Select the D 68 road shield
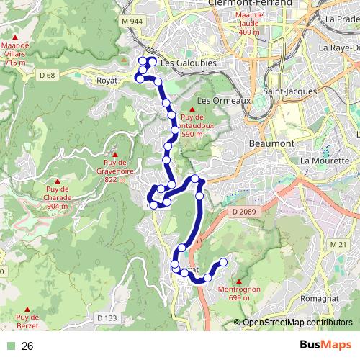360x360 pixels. pos(48,75)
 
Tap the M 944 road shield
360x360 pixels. pos(133,23)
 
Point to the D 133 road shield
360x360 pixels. pos(106,318)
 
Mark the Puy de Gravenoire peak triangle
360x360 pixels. pos(114,153)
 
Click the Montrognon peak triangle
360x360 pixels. pos(238,281)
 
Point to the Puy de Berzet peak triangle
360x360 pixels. pos(27,308)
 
